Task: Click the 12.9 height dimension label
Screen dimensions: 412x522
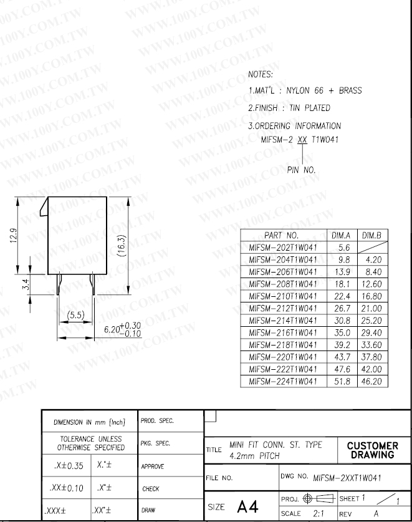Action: [x=14, y=235]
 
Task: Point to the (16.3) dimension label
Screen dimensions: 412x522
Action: [x=122, y=245]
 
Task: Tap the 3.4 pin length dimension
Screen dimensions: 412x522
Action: [x=26, y=284]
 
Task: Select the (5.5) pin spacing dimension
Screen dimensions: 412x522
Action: [x=76, y=315]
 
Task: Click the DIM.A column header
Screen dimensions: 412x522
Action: [x=341, y=235]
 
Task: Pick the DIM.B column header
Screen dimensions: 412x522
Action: [x=371, y=235]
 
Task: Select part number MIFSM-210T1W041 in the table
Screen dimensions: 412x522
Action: [x=283, y=296]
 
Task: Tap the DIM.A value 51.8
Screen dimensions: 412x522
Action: [x=342, y=381]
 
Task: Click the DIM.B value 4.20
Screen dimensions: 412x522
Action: [x=373, y=259]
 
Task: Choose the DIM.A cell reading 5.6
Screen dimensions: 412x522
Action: [x=344, y=248]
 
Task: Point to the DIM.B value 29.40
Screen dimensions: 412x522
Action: [x=371, y=332]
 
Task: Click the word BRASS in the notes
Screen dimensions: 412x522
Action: [x=350, y=90]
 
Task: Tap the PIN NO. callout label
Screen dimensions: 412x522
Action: [x=301, y=170]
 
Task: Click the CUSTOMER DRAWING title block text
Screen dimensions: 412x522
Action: [x=372, y=450]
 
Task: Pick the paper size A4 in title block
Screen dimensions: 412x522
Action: [x=247, y=506]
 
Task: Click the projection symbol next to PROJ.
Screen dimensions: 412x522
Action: [x=319, y=498]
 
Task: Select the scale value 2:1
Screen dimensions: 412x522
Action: [x=319, y=513]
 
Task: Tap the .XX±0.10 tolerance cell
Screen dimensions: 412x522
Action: [x=66, y=488]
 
